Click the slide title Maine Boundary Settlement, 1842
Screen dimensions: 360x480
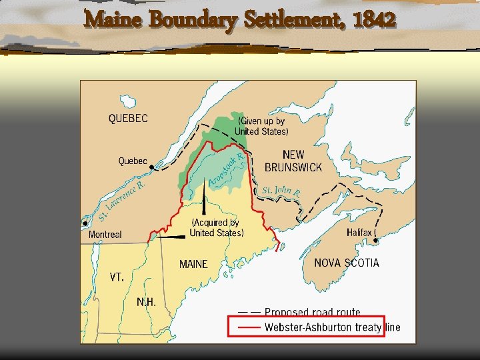point(240,20)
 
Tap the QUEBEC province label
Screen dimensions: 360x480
point(128,119)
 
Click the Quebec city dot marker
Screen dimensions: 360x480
point(153,167)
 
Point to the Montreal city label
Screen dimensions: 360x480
point(105,235)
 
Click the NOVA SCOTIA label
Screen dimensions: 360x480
point(347,263)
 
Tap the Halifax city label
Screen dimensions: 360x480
point(361,233)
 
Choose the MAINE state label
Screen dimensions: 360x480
point(193,264)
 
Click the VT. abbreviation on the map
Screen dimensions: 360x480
point(117,277)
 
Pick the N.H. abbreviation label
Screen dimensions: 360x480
point(146,302)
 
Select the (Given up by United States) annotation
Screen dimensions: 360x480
point(261,126)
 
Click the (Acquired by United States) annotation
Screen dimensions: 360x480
point(217,227)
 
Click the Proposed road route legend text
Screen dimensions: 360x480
point(312,312)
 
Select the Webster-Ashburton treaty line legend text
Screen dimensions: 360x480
point(332,327)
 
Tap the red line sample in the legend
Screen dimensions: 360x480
point(249,327)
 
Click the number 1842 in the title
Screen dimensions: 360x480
point(375,20)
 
